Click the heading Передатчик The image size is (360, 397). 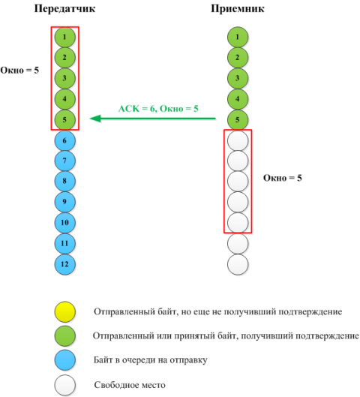click(64, 9)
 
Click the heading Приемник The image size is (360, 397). click(238, 9)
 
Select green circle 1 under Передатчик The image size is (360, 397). click(65, 37)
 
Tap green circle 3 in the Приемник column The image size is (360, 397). click(238, 78)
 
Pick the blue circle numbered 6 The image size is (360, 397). click(65, 140)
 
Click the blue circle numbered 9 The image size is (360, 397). click(65, 202)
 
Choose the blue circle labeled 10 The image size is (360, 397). click(65, 223)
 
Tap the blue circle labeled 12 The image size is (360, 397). click(65, 264)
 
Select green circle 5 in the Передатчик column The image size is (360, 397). click(65, 120)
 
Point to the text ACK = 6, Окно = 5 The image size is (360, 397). click(158, 109)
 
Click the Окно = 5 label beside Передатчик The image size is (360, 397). click(19, 70)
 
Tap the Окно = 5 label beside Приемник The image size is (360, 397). click(283, 178)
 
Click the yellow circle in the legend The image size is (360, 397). click(65, 311)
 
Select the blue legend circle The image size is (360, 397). click(65, 360)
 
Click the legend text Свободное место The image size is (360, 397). click(130, 385)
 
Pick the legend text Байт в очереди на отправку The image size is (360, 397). click(151, 360)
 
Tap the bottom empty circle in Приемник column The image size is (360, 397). click(238, 264)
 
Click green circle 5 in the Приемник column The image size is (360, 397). click(238, 120)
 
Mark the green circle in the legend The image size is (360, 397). click(65, 336)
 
